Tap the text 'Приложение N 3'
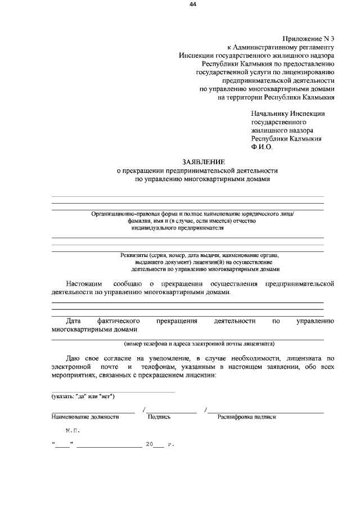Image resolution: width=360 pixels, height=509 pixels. coord(310,38)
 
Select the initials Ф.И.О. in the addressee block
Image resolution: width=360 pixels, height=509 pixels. coord(262,147)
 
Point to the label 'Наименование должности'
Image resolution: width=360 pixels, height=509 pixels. coord(85,417)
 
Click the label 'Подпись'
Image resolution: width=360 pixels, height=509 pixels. coord(159,417)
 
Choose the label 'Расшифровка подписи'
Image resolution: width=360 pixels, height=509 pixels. coord(247,417)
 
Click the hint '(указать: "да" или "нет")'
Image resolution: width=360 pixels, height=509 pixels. coord(83,397)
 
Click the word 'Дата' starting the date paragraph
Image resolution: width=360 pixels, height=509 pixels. coord(74,321)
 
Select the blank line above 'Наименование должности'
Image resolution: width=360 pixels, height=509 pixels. coord(93,412)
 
